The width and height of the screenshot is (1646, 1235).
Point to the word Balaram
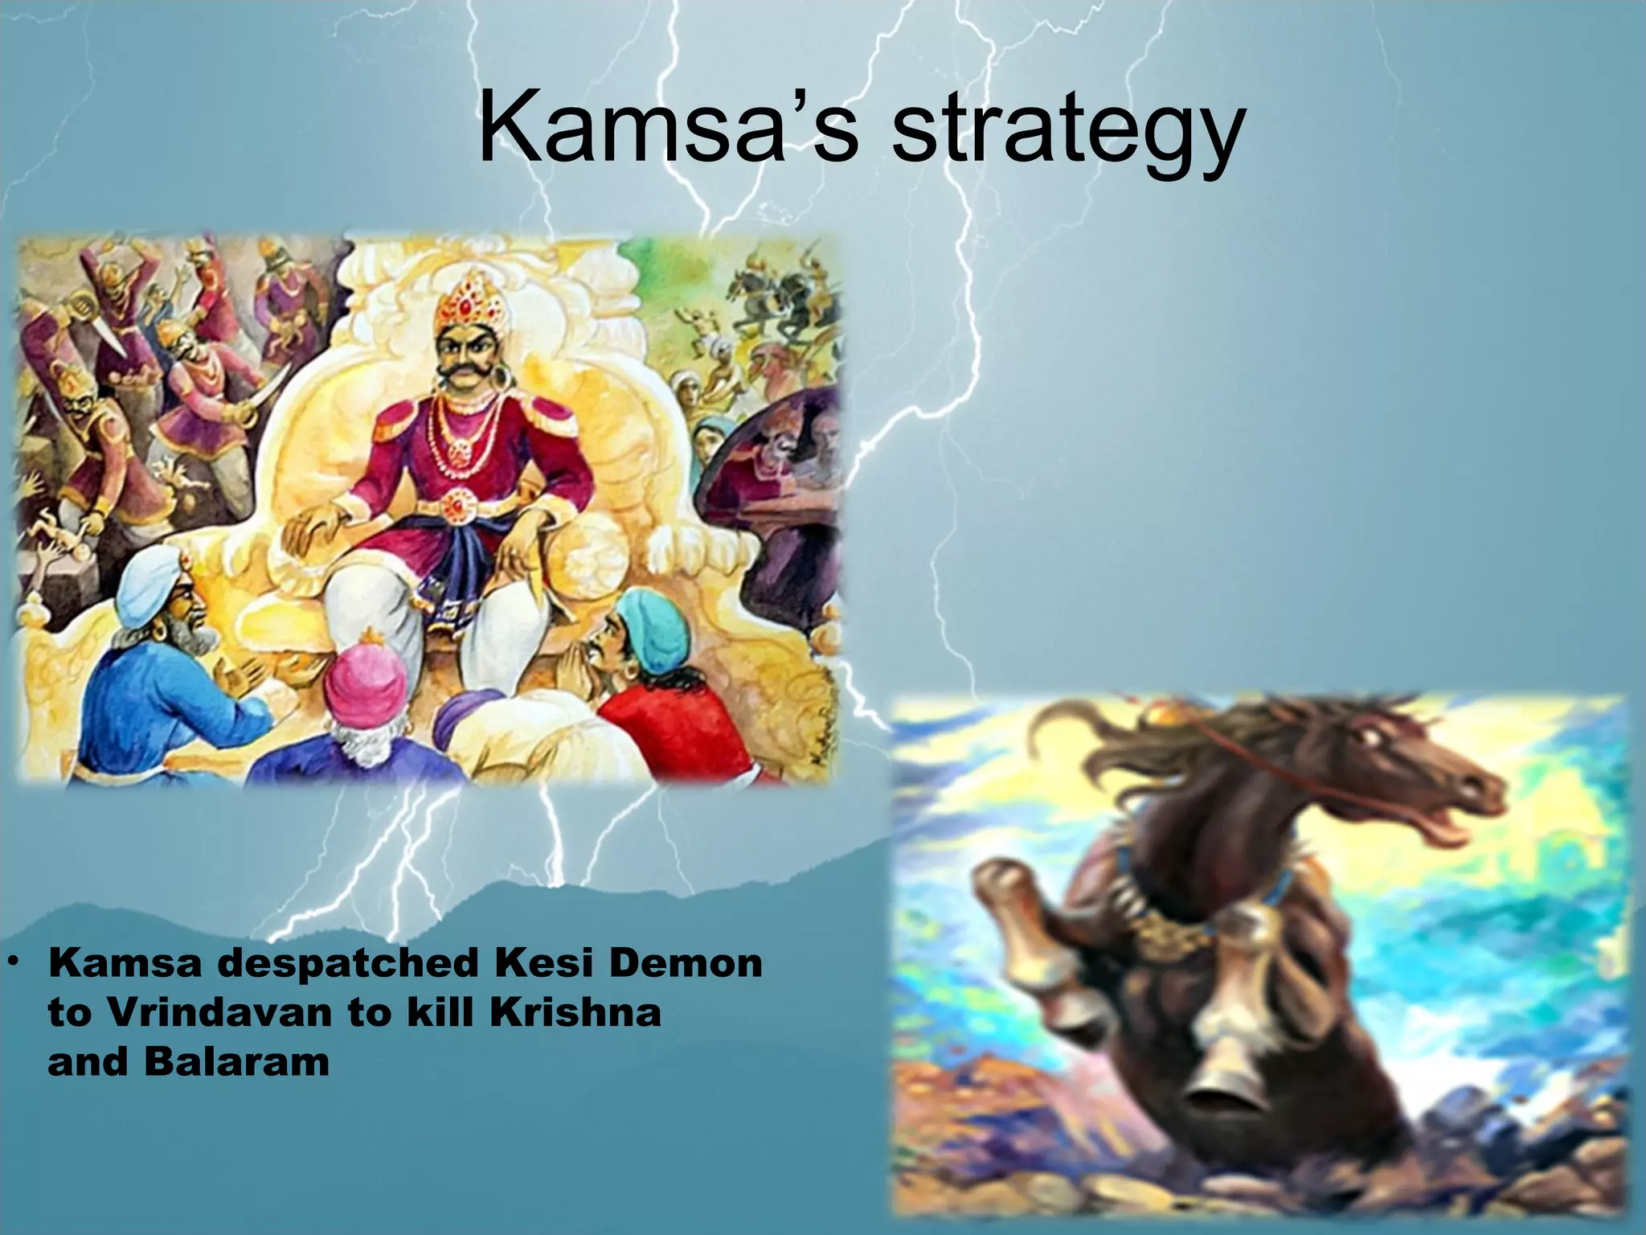click(237, 1062)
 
